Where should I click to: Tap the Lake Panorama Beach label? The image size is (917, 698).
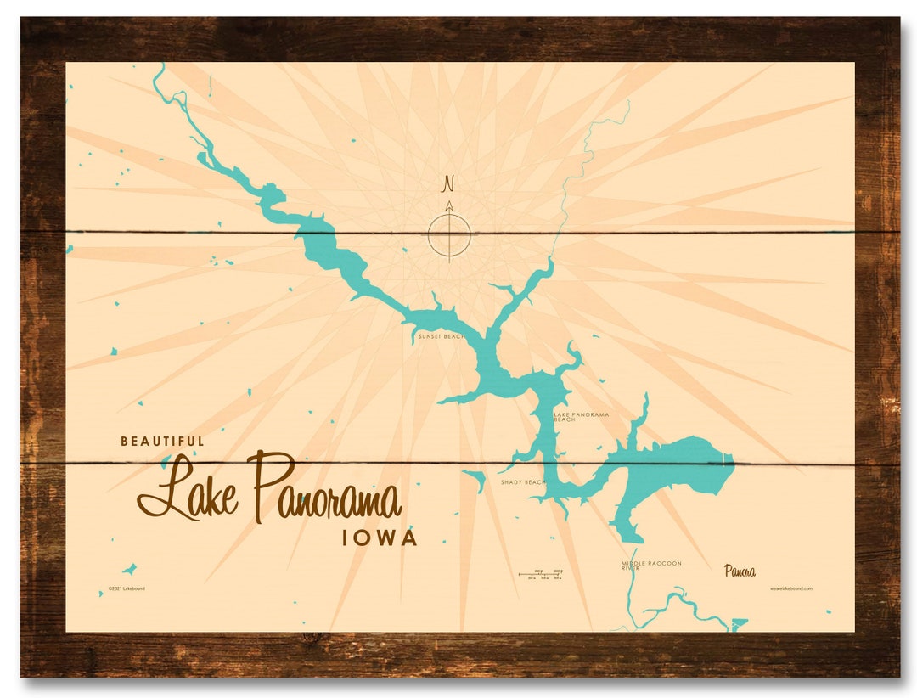pos(582,417)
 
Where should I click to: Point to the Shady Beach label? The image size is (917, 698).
pos(523,482)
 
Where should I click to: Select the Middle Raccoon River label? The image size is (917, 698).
pos(650,566)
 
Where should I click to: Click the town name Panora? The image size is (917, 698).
pos(740,571)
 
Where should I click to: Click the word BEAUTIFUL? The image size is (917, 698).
pos(162,441)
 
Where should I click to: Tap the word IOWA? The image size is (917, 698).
pos(380,538)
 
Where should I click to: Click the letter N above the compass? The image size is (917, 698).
pos(449,183)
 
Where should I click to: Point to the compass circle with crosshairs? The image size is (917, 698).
pos(449,234)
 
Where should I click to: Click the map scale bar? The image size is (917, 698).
pos(541,575)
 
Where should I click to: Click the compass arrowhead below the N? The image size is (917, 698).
pos(449,205)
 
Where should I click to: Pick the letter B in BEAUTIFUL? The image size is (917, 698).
pos(125,441)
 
